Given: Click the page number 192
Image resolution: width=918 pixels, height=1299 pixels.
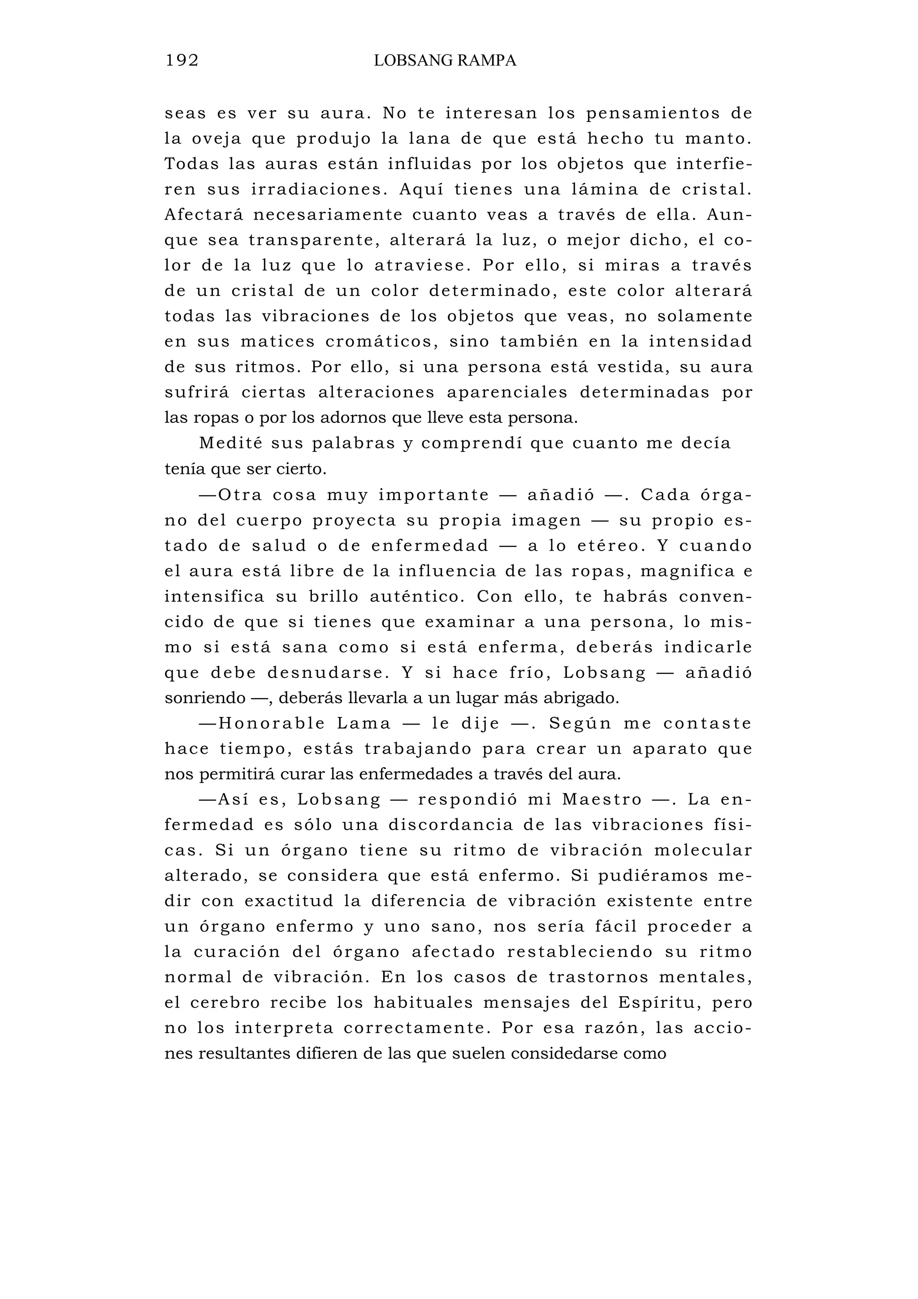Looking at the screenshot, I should click(182, 61).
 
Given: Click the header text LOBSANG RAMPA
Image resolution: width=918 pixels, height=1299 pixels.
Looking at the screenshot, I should click(445, 61).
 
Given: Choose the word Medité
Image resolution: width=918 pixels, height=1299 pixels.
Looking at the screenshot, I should click(231, 443).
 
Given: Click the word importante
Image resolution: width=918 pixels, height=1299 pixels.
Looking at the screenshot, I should click(433, 495).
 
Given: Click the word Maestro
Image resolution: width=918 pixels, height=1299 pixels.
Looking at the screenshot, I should click(602, 800).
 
